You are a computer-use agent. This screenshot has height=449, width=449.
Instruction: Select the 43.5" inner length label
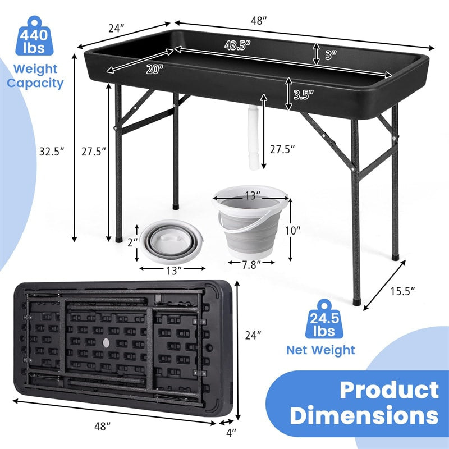(x=237, y=45)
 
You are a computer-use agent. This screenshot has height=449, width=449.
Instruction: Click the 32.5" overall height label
(x=52, y=151)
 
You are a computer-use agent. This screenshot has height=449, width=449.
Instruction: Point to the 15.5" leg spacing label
(x=402, y=291)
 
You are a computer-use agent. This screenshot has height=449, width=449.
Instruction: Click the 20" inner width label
(x=155, y=69)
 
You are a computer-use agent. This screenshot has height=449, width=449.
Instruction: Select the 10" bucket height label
(x=292, y=230)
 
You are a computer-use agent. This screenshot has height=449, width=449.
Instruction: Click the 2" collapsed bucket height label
(x=132, y=242)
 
